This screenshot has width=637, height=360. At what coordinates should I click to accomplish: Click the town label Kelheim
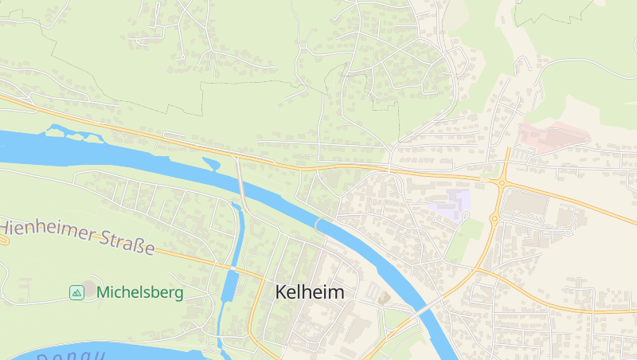pyautogui.click(x=310, y=292)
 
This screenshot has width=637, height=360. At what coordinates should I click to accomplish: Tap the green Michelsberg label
pyautogui.click(x=139, y=292)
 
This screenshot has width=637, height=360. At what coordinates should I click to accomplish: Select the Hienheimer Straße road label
pyautogui.click(x=78, y=237)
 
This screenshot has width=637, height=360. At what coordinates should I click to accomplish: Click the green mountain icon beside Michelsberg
pyautogui.click(x=76, y=292)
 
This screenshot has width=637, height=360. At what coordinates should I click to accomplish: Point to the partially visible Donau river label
pyautogui.click(x=72, y=354)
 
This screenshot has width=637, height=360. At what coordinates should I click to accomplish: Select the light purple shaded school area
pyautogui.click(x=450, y=203)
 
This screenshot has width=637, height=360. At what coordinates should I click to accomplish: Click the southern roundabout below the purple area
pyautogui.click(x=494, y=217)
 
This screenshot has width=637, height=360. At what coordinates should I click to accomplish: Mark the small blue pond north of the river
pyautogui.click(x=212, y=164)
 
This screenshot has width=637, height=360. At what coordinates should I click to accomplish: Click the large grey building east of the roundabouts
pyautogui.click(x=526, y=205)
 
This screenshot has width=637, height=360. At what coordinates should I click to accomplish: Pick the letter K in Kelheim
pyautogui.click(x=281, y=292)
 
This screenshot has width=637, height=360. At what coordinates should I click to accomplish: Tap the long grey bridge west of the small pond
pyautogui.click(x=241, y=187)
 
